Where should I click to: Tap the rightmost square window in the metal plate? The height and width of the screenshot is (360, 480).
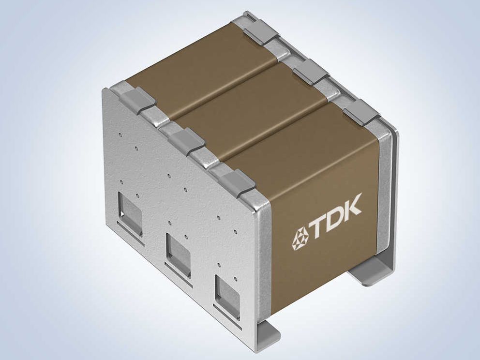tap(227, 295)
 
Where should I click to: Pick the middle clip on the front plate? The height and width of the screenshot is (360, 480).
tap(186, 141)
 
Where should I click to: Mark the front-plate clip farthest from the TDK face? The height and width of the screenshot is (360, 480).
tap(137, 100)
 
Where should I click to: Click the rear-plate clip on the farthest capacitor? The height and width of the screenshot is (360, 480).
tap(261, 32)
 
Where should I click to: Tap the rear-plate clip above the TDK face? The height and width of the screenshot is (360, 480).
tap(361, 112)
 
